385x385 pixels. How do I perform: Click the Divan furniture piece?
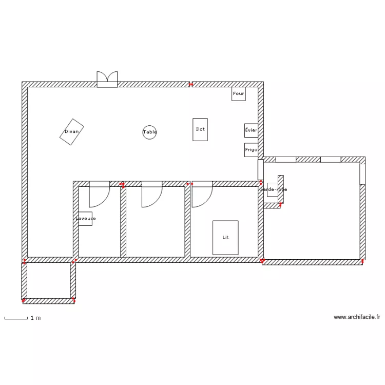point(71,132)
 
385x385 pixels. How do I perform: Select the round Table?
point(149,132)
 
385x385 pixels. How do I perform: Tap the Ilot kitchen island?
point(200,129)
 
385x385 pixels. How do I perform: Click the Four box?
point(238,94)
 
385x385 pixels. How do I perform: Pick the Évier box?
point(251,130)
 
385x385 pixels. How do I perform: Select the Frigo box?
point(251,150)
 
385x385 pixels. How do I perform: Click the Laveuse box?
point(85,218)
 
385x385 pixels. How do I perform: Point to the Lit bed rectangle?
point(225,237)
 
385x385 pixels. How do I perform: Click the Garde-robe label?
point(273,189)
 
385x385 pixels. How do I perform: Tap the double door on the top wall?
point(107,79)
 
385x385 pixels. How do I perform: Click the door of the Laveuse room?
point(99,194)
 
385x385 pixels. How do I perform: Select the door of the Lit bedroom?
point(202,194)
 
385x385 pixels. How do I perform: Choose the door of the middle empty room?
point(151,194)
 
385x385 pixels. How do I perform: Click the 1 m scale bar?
point(16,319)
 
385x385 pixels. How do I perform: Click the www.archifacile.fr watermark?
point(357,317)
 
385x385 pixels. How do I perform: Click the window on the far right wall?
point(362,174)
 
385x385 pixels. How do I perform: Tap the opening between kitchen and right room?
point(260,170)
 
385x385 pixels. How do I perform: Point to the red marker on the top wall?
point(190,84)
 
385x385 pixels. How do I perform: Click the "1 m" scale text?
point(35,318)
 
